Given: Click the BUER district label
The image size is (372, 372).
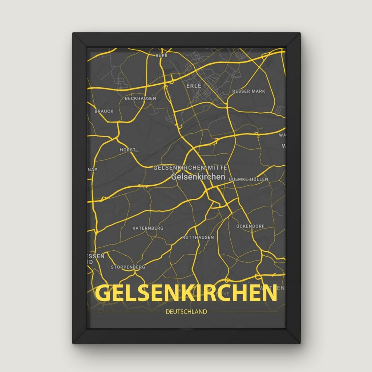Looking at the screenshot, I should pos(161,56).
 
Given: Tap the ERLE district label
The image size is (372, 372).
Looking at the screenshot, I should pos(194,86).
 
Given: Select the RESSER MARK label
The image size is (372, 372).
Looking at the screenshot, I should pos(249,91).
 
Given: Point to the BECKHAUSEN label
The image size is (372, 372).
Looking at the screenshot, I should pos(141,98).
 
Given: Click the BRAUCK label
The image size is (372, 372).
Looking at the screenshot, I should pos(104,111).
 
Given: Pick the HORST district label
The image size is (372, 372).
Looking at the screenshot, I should pos(128,150).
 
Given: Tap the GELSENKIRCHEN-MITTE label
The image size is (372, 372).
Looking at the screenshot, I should pos(190,167).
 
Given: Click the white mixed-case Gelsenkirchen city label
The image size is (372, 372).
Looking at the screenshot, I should pos(198,177).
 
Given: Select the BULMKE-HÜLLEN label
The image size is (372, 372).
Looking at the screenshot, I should pos(248,179).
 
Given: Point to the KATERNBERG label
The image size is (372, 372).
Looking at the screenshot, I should pos(148,228).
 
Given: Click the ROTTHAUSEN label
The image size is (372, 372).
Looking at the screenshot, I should pos(198,237).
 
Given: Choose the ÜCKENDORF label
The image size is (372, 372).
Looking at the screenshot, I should pos(250,226).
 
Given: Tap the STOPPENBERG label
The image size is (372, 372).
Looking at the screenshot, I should pos(128,267).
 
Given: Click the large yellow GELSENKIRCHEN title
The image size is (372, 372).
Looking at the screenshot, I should pos(186,294).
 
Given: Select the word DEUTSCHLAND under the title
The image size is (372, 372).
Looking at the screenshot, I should pos(186,311).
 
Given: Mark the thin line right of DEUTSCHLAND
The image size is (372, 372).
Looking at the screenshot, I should pos(244,312).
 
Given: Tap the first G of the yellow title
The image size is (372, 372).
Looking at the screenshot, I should pos(103,294).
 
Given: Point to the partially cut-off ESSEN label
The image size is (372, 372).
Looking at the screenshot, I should pos(96,256).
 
